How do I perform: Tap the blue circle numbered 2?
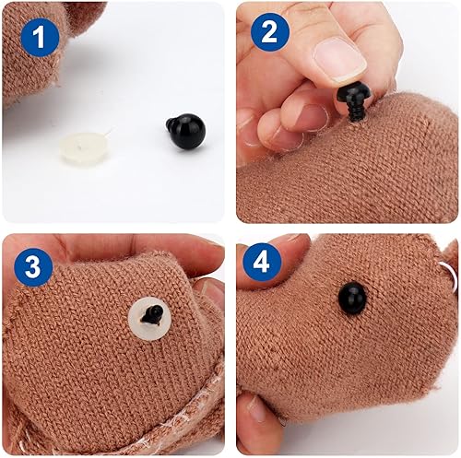click(x=269, y=32)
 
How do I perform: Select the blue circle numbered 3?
click(x=32, y=268)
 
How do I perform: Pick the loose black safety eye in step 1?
click(x=185, y=134)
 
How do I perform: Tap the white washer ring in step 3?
click(x=148, y=318)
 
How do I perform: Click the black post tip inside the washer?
click(x=155, y=315)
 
